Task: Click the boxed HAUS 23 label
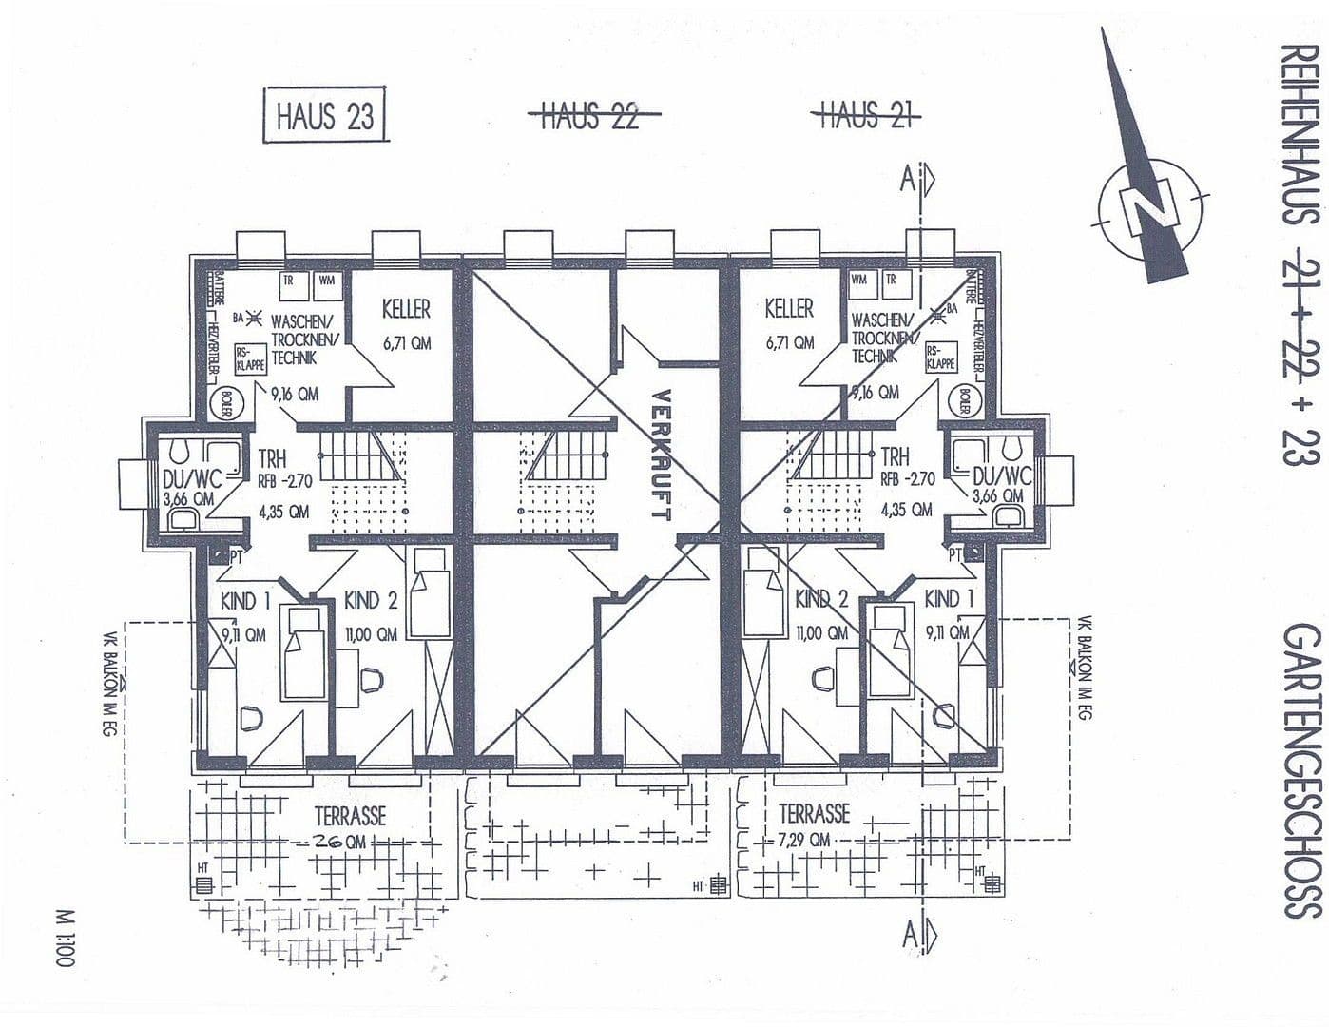coord(324,116)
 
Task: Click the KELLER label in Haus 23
coord(406,309)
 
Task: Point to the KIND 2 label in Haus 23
coord(371,601)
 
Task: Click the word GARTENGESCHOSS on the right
coord(1301,770)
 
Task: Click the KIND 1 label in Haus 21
coord(948,599)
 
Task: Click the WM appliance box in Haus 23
coord(326,281)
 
